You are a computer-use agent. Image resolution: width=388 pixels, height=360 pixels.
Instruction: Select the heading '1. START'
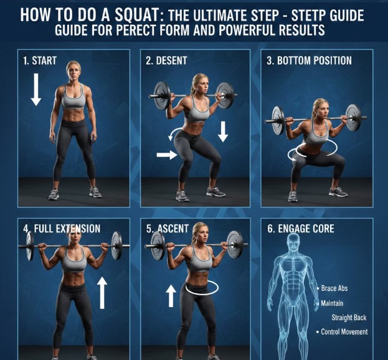(x=40, y=61)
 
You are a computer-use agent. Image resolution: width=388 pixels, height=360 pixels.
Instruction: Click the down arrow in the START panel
(x=36, y=88)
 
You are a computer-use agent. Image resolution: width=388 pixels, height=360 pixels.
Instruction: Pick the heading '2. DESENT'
(x=166, y=61)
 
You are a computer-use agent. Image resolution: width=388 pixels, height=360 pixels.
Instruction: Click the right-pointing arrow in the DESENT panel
(x=166, y=154)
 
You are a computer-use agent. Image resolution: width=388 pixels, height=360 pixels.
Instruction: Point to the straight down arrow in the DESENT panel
(x=223, y=131)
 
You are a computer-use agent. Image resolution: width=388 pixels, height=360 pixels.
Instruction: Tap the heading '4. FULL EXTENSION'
(x=62, y=229)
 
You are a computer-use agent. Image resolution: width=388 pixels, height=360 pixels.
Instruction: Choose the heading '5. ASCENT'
(x=167, y=229)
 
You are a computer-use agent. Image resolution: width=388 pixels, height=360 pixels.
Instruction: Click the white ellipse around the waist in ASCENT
(x=202, y=288)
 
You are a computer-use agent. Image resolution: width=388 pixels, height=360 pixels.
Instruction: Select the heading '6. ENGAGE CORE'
(x=301, y=229)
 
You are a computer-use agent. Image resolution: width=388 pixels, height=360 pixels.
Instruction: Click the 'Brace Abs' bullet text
(x=337, y=289)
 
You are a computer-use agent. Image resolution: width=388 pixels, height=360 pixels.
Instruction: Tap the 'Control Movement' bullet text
(x=344, y=331)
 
